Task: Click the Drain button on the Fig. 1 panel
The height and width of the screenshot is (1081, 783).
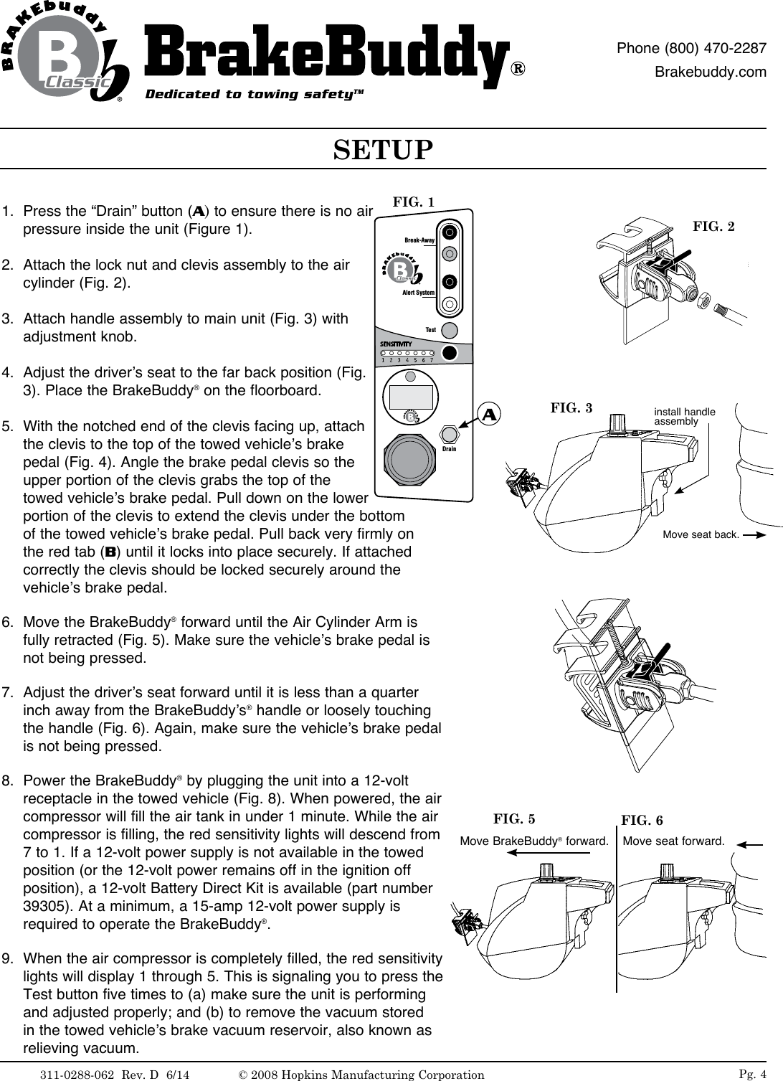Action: (449, 434)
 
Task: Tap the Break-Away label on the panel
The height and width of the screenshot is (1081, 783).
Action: (419, 240)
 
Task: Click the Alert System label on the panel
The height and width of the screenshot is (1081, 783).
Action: (419, 293)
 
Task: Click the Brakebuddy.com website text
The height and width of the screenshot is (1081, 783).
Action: (711, 72)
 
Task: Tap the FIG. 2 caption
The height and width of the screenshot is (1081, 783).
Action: (713, 227)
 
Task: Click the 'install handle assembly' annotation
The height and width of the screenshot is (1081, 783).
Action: (684, 417)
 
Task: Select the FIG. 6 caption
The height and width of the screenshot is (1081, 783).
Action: (642, 820)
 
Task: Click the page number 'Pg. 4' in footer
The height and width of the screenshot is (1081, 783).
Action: (752, 1073)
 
